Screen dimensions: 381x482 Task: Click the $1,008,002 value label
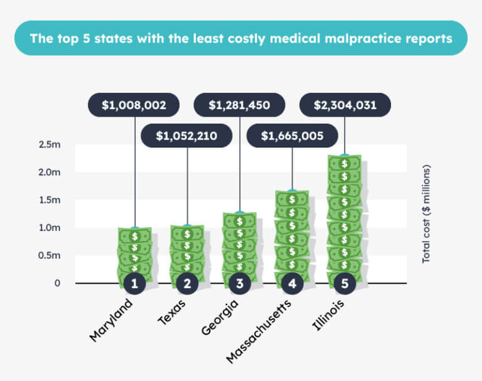coord(134,105)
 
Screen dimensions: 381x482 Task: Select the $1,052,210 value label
coord(187,136)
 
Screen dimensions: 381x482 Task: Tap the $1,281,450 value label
coord(240,105)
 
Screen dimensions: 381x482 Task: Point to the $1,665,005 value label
coord(292,136)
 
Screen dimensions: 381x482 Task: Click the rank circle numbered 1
coord(134,284)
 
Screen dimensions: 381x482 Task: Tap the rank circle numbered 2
coord(187,284)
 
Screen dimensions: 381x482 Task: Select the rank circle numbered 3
coord(240,284)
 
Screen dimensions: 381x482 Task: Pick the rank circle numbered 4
coord(292,284)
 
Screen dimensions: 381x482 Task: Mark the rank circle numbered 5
coord(345,284)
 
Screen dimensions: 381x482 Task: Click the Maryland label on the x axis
coord(111,320)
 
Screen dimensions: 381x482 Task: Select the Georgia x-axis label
coord(220,317)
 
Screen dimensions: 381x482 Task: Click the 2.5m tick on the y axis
coord(49,144)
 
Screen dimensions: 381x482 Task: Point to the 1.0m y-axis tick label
coord(49,228)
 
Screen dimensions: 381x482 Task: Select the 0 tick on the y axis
coord(57,283)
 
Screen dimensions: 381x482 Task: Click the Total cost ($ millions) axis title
coord(426,214)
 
